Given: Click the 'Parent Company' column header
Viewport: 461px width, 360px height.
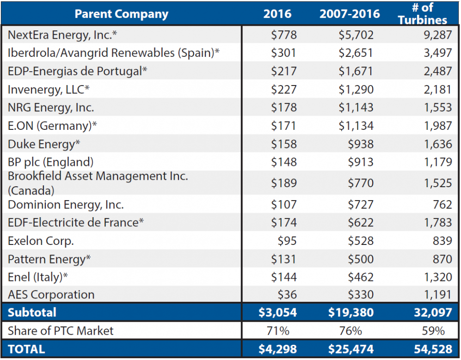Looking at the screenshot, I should point(121,14).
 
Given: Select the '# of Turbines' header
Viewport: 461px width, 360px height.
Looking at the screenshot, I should point(422,14).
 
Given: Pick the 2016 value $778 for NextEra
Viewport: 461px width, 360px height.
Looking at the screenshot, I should point(283,35).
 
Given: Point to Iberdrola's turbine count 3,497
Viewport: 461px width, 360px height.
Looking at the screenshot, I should point(437,53).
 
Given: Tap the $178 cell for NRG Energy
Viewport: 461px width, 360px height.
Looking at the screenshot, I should point(283,108).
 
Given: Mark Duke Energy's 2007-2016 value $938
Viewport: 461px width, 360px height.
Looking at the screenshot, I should point(361,144).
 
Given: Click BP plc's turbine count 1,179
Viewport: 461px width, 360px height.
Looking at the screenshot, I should point(437,162).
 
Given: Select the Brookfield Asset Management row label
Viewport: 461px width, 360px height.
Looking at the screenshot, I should point(98,183).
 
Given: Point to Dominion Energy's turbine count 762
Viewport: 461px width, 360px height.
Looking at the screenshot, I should point(443,204).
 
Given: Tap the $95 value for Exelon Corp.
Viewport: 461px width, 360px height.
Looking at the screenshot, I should point(287,241).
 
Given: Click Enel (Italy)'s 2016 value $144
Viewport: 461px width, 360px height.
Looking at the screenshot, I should point(283,277).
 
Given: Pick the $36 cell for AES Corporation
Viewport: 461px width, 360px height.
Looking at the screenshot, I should point(287,295).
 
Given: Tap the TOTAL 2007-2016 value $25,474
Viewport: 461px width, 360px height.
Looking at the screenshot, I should point(350,349).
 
